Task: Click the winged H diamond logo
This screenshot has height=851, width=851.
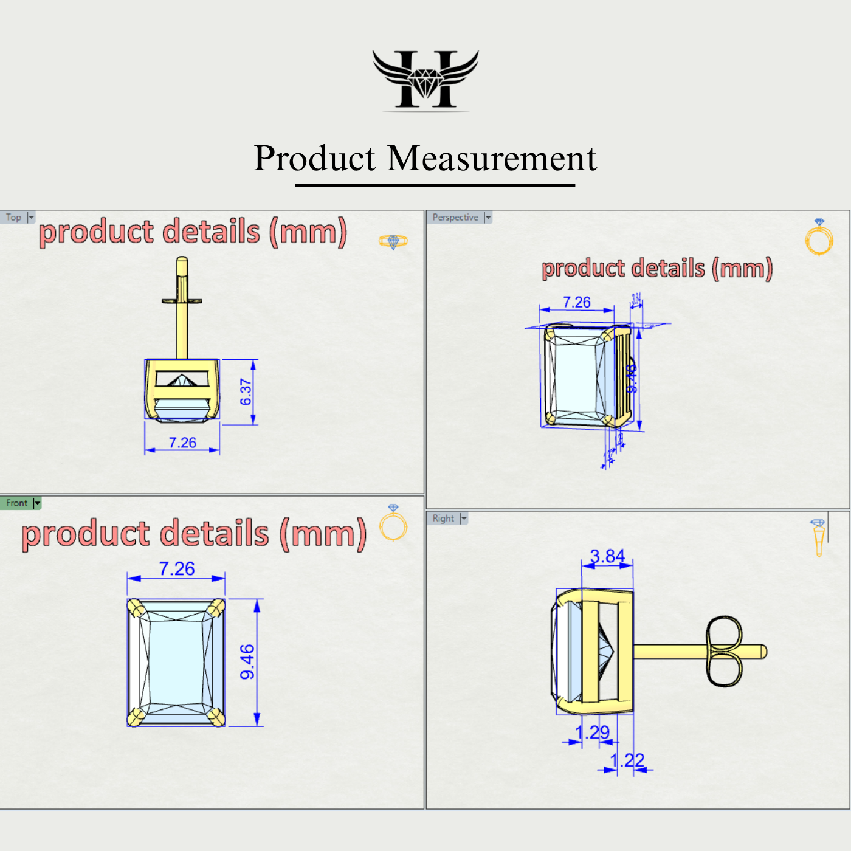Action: [425, 80]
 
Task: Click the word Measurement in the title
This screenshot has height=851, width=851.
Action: [492, 159]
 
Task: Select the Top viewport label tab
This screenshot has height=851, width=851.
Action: [14, 218]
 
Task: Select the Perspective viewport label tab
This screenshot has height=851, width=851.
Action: [455, 218]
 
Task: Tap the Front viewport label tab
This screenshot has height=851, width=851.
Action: [17, 503]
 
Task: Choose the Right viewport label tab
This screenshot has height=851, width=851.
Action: [443, 519]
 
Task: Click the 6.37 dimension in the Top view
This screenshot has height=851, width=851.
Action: [246, 392]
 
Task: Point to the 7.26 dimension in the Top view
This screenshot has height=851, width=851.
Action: [182, 443]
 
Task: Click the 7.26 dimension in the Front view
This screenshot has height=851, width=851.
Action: [176, 569]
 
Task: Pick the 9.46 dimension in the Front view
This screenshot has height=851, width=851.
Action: [247, 662]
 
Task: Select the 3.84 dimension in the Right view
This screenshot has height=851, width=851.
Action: [607, 556]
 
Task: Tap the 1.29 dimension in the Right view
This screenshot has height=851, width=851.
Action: [592, 732]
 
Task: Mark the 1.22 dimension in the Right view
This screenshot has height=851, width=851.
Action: [627, 760]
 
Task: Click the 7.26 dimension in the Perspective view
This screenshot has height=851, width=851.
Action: [576, 302]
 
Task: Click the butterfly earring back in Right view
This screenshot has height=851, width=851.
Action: [724, 652]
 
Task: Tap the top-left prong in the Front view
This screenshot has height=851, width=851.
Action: [136, 608]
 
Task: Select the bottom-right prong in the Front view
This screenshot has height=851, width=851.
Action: [216, 717]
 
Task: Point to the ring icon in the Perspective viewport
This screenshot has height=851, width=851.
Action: [819, 238]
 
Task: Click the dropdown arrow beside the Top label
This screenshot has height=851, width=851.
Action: [31, 218]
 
